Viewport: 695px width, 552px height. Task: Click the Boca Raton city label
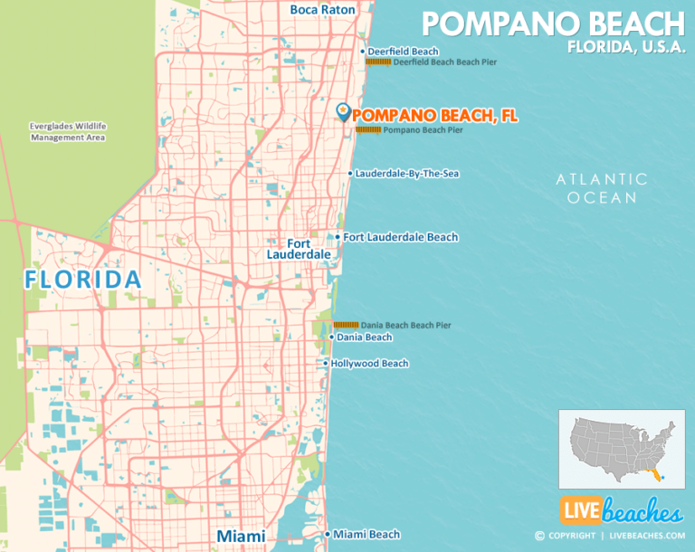click(322, 10)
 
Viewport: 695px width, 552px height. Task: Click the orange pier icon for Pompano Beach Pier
click(367, 130)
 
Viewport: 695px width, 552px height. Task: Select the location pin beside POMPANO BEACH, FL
click(343, 112)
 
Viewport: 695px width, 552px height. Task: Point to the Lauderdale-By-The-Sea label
click(407, 173)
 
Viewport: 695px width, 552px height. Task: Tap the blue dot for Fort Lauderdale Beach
click(338, 237)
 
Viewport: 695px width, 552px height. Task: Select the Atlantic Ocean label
click(602, 188)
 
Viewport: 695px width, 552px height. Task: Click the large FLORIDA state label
click(83, 279)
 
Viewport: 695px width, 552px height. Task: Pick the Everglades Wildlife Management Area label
click(68, 131)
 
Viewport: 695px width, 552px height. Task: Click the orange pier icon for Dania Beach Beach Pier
click(346, 325)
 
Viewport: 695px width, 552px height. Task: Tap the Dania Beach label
click(364, 338)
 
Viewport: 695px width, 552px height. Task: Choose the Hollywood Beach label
click(369, 364)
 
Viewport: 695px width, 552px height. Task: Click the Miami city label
click(241, 536)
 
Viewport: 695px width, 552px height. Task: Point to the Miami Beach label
click(367, 535)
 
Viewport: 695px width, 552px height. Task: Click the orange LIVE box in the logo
click(579, 511)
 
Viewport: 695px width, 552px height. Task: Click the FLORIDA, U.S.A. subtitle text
click(626, 47)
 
